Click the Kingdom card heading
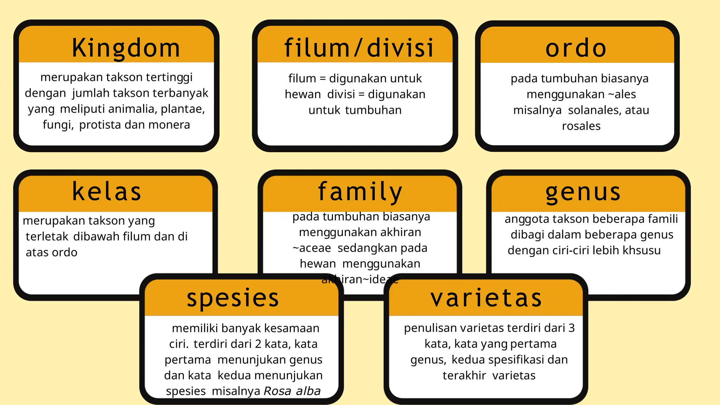126,48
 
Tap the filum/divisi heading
359,48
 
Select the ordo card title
576,48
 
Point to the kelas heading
107,192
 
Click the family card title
360,192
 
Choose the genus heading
583,192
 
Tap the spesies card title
233,298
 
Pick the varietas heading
486,298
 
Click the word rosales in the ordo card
581,126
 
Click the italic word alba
308,391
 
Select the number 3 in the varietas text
571,328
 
